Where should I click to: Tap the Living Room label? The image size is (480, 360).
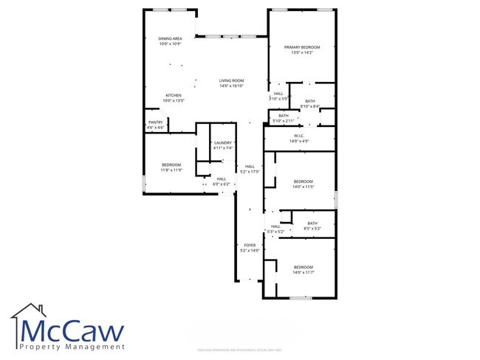231,80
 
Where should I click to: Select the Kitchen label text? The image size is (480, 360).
174,95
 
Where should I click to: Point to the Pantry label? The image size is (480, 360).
155,122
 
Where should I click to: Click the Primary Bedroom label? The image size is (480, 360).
302,47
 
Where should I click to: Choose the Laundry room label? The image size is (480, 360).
222,143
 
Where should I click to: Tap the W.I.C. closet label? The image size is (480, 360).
300,136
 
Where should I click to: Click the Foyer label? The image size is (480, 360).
250,245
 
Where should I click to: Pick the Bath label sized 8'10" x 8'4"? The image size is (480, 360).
310,101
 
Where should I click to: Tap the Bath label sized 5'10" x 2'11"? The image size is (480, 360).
284,116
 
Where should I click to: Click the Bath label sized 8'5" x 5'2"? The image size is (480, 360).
312,224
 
